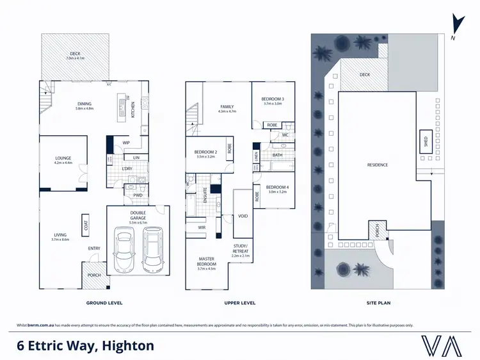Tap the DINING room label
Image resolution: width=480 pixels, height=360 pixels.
pyautogui.click(x=84, y=105)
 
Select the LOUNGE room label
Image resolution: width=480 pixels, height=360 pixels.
pyautogui.click(x=63, y=158)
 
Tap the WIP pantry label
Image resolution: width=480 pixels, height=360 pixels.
pyautogui.click(x=126, y=142)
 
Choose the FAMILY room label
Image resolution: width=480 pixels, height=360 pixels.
pyautogui.click(x=227, y=107)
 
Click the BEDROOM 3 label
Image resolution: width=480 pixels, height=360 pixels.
pyautogui.click(x=273, y=99)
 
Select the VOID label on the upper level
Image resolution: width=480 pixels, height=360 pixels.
pyautogui.click(x=243, y=216)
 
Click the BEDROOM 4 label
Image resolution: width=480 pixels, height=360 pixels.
pyautogui.click(x=278, y=187)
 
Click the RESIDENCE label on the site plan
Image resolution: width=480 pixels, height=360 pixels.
pyautogui.click(x=378, y=165)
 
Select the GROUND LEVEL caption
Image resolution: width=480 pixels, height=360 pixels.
pyautogui.click(x=104, y=302)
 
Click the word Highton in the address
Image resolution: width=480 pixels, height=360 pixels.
pyautogui.click(x=125, y=346)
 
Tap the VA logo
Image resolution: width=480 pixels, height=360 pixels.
pyautogui.click(x=443, y=345)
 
